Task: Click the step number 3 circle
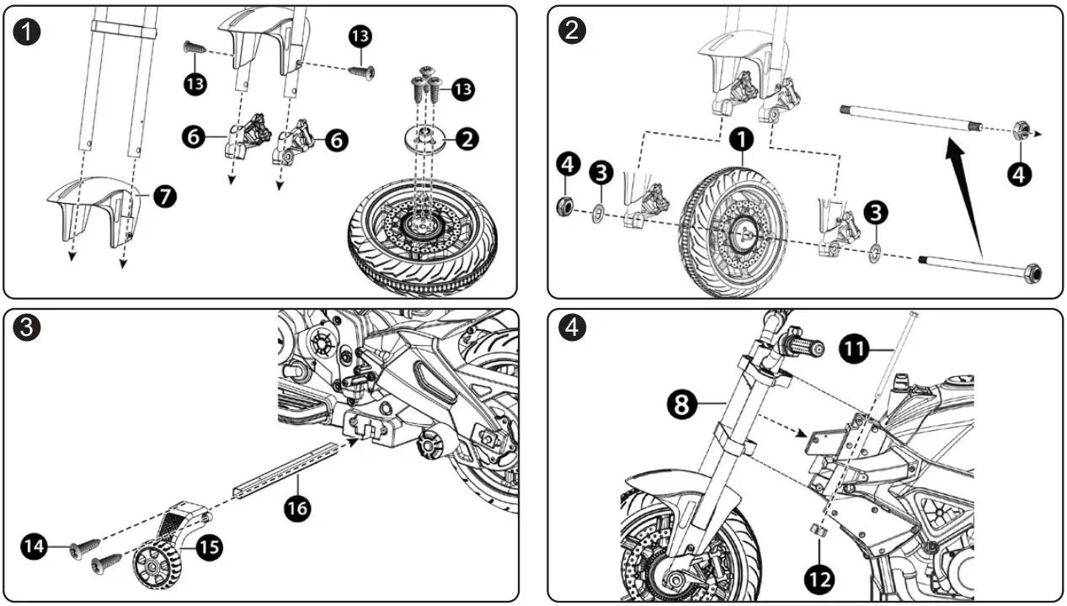pyautogui.click(x=29, y=328)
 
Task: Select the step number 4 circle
pyautogui.click(x=572, y=328)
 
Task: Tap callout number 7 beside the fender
pyautogui.click(x=164, y=197)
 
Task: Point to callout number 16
pyautogui.click(x=297, y=508)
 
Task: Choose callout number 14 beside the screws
pyautogui.click(x=34, y=546)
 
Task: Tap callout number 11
pyautogui.click(x=856, y=348)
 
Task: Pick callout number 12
pyautogui.click(x=819, y=578)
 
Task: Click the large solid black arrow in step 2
pyautogui.click(x=966, y=196)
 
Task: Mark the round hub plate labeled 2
pyautogui.click(x=428, y=137)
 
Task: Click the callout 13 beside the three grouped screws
pyautogui.click(x=463, y=88)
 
